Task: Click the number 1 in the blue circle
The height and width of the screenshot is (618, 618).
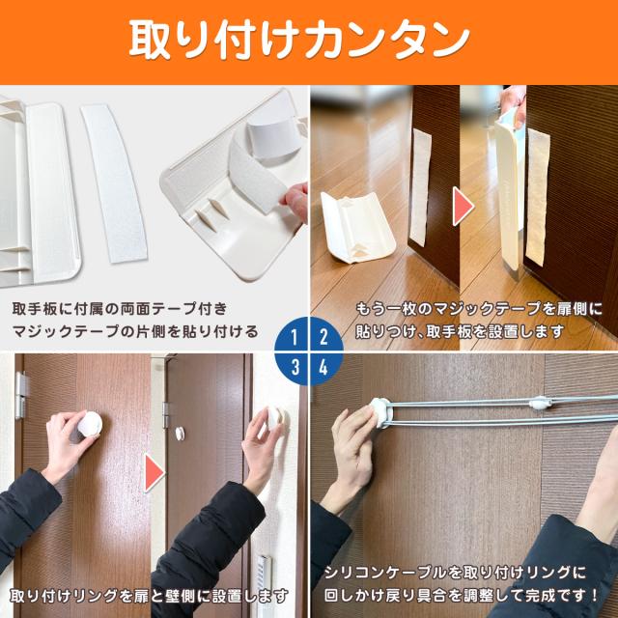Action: point(294,337)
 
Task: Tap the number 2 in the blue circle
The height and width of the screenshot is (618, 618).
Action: point(324,337)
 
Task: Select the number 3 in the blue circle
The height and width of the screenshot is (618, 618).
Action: point(295,367)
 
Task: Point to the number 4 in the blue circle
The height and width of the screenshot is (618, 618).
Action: point(323,367)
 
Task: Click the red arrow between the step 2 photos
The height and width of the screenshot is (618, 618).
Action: point(463,207)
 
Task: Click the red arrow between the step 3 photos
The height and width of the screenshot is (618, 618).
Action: point(154,472)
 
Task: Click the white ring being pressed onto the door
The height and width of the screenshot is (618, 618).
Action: point(90,424)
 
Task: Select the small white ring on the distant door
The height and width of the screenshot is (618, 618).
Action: point(181,434)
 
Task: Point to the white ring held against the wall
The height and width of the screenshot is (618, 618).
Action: point(276,418)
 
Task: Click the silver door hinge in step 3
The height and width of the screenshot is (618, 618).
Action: point(21,395)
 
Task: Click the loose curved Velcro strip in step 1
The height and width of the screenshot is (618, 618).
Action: point(114,183)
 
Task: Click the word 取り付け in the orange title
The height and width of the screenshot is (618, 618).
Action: point(213,41)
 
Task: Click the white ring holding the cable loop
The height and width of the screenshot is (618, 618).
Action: point(380,412)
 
